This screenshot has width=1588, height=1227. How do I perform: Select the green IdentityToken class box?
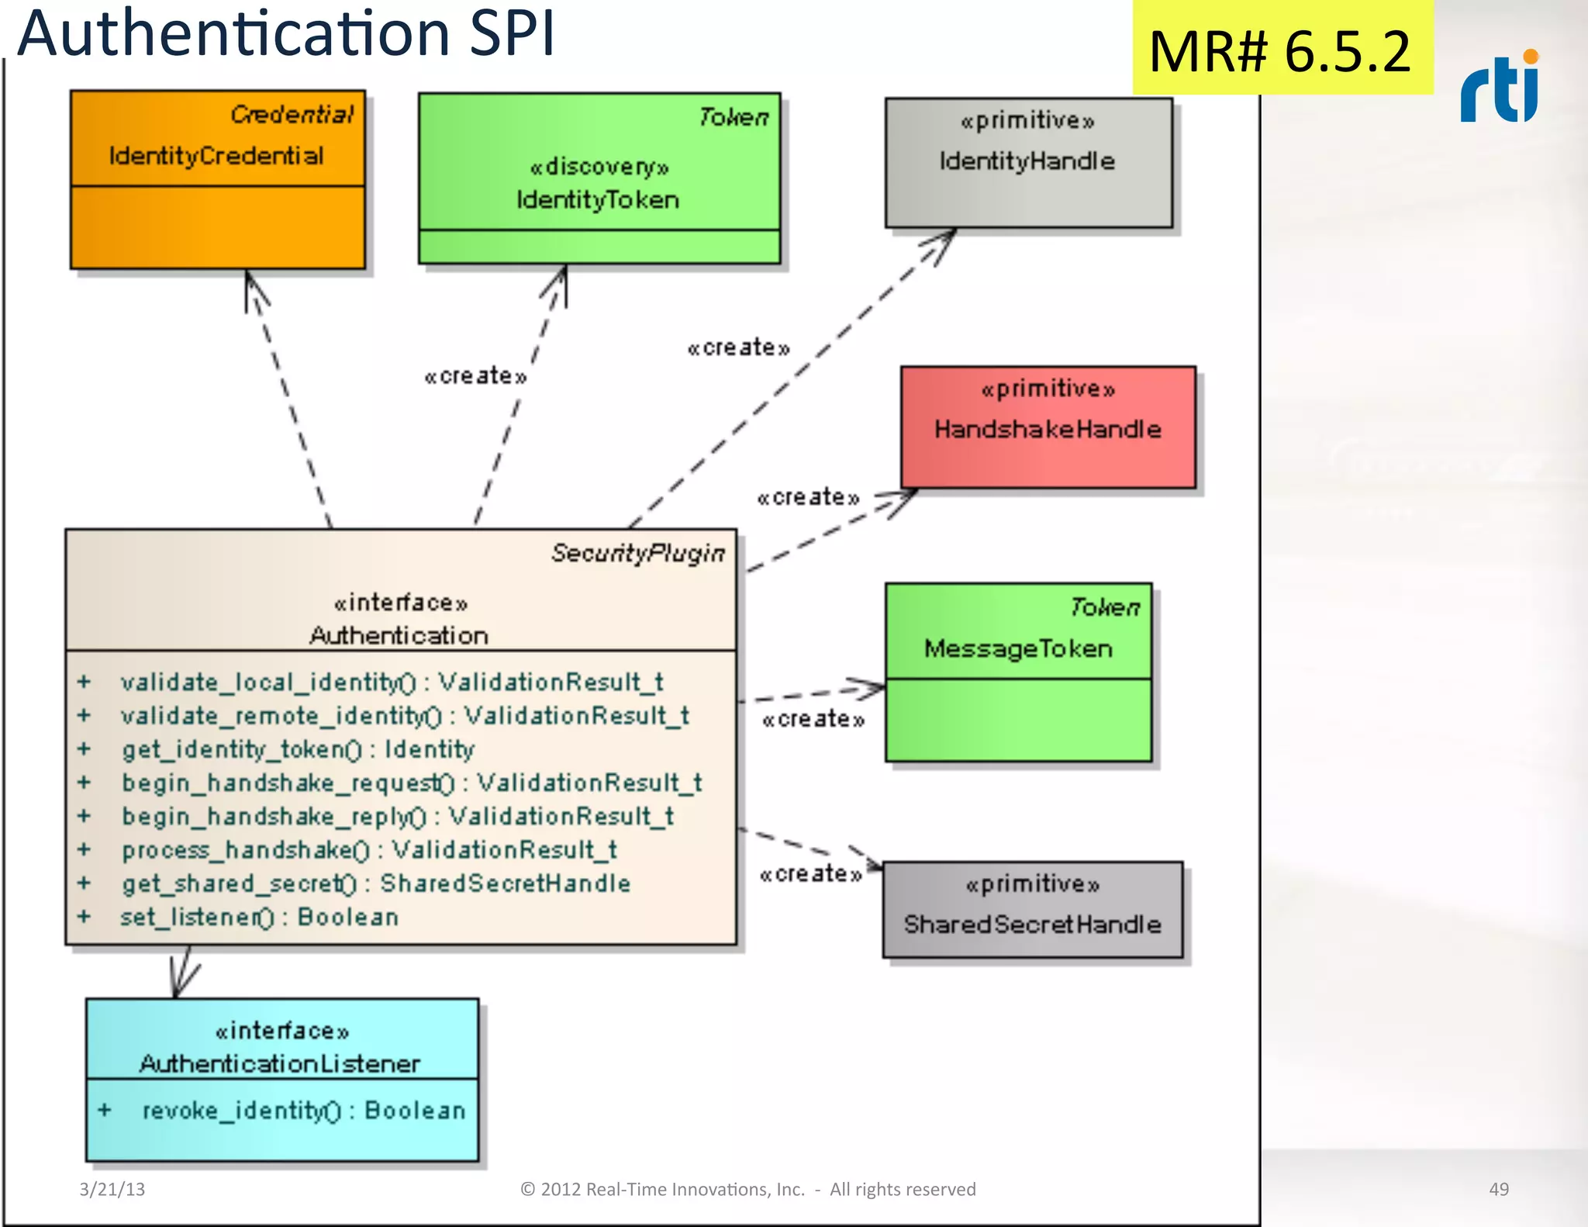pyautogui.click(x=599, y=178)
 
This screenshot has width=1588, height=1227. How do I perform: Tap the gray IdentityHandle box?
pyautogui.click(x=1028, y=162)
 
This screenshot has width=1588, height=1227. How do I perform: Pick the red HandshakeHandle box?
pyautogui.click(x=1048, y=427)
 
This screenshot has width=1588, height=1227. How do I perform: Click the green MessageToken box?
pyautogui.click(x=1018, y=672)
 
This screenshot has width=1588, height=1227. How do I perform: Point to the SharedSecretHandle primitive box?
pyautogui.click(x=1032, y=909)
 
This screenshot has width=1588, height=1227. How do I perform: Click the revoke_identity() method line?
pyautogui.click(x=303, y=1111)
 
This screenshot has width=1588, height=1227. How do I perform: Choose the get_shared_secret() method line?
pyautogui.click(x=375, y=883)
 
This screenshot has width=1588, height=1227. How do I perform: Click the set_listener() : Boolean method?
pyautogui.click(x=259, y=918)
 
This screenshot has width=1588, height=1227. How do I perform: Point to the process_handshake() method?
pyautogui.click(x=369, y=850)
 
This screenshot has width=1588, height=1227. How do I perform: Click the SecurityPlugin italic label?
pyautogui.click(x=637, y=553)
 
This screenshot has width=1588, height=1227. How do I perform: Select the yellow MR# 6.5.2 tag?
pyautogui.click(x=1281, y=50)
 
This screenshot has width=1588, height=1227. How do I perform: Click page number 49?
pyautogui.click(x=1498, y=1189)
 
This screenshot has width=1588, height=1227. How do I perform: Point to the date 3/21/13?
pyautogui.click(x=112, y=1189)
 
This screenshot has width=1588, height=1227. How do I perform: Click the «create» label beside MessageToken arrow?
pyautogui.click(x=813, y=720)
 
